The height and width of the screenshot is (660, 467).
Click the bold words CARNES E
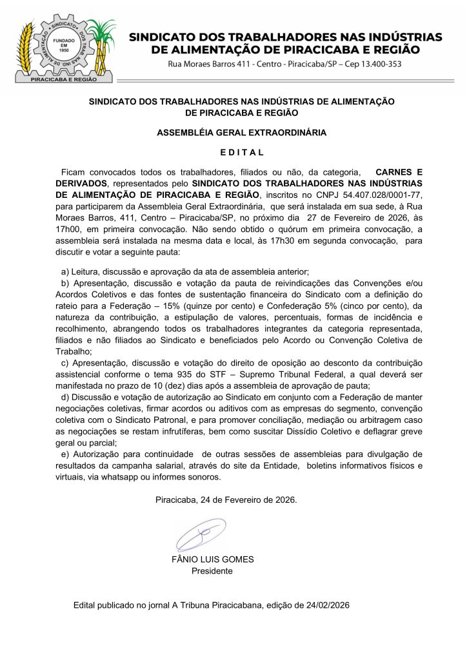coord(399,173)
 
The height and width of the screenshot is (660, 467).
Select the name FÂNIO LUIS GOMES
coord(212,559)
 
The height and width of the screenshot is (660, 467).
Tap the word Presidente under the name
coord(212,570)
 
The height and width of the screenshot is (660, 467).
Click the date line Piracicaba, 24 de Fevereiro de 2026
coord(226,500)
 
